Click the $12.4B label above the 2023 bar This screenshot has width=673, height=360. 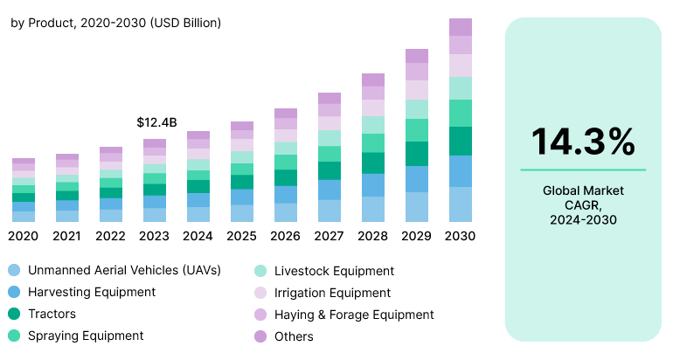pyautogui.click(x=156, y=122)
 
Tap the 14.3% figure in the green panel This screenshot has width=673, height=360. pyautogui.click(x=583, y=142)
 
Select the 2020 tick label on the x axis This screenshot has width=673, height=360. pyautogui.click(x=24, y=236)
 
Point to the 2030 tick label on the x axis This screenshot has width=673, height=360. pyautogui.click(x=460, y=236)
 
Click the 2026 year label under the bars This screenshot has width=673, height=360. pyautogui.click(x=286, y=236)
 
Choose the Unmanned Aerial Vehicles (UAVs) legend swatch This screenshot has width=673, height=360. pyautogui.click(x=13, y=271)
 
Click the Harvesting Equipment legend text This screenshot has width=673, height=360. pyautogui.click(x=91, y=292)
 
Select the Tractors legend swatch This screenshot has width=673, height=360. pyautogui.click(x=13, y=314)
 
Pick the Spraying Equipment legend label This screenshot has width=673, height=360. pyautogui.click(x=86, y=336)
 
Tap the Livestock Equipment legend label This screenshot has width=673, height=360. pyautogui.click(x=334, y=271)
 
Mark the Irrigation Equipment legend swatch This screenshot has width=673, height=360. pyautogui.click(x=260, y=293)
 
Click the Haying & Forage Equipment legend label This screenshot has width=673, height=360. pyautogui.click(x=353, y=314)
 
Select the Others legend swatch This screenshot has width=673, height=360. pyautogui.click(x=260, y=336)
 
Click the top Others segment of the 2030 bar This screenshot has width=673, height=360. pyautogui.click(x=461, y=27)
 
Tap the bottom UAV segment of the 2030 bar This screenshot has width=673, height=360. pyautogui.click(x=461, y=204)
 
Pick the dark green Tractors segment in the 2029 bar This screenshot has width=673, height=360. pyautogui.click(x=417, y=154)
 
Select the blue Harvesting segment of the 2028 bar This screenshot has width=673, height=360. pyautogui.click(x=373, y=185)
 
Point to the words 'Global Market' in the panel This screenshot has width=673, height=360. pyautogui.click(x=583, y=190)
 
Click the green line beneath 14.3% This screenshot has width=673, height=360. pyautogui.click(x=583, y=170)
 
